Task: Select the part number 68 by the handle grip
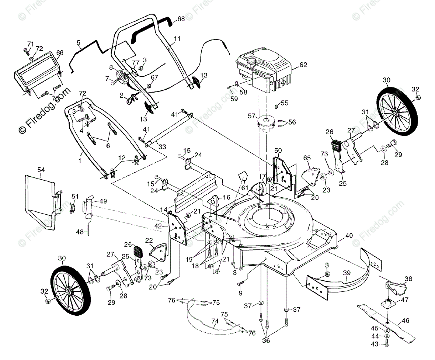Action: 181,18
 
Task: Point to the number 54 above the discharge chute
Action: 41,169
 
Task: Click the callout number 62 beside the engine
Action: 303,65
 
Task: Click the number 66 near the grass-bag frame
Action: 60,53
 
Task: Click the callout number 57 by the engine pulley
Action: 251,116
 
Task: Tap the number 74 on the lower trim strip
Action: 215,321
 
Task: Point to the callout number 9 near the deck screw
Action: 241,293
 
